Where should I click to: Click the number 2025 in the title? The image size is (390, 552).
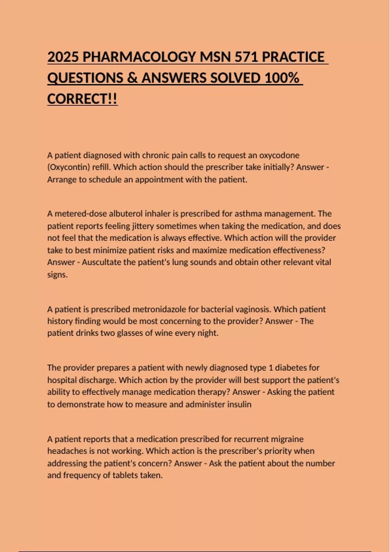pyautogui.click(x=63, y=57)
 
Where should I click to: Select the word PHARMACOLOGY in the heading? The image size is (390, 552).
pyautogui.click(x=138, y=57)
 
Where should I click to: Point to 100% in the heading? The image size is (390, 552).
pyautogui.click(x=281, y=78)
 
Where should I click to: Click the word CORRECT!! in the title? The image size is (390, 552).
pyautogui.click(x=82, y=99)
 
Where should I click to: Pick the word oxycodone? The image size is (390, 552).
pyautogui.click(x=279, y=155)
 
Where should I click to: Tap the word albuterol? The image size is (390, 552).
pyautogui.click(x=125, y=214)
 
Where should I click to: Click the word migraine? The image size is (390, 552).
pyautogui.click(x=288, y=439)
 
